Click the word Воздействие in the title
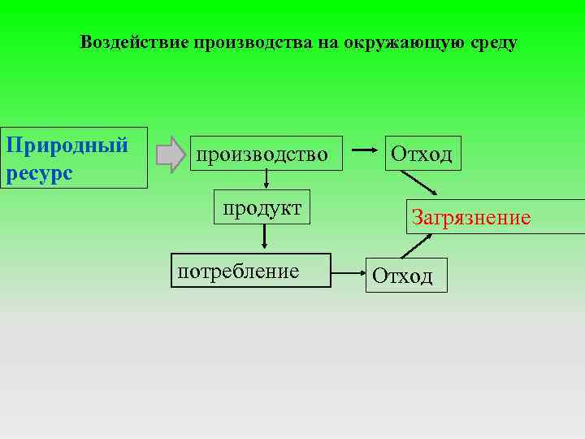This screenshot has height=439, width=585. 134,43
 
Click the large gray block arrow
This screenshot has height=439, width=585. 171,154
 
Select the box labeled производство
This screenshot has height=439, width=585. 266,154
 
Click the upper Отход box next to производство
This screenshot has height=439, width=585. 422,153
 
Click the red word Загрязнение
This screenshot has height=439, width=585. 471,217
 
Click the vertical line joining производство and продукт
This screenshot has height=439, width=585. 265,180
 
